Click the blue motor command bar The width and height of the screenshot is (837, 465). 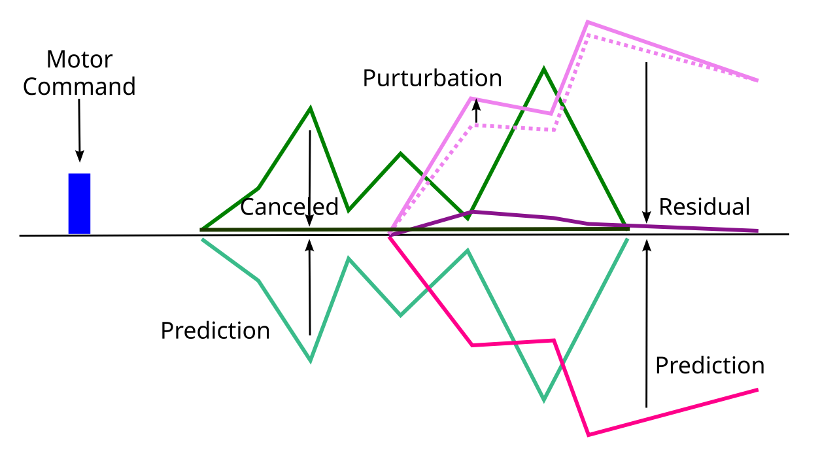coord(79,203)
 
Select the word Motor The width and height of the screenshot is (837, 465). coord(79,59)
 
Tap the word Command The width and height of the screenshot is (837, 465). coord(79,87)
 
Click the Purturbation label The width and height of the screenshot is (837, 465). coord(432,78)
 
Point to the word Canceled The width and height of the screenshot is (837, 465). coord(289,207)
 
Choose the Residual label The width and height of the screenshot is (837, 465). coord(704,207)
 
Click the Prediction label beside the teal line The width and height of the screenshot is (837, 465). coord(215,330)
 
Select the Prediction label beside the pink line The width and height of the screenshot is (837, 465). coord(710,365)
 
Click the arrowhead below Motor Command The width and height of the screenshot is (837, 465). coord(80,156)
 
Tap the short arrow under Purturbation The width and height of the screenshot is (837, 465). coord(476,111)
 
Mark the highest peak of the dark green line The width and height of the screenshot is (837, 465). coord(543,69)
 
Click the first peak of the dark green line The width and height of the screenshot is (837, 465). coord(310,109)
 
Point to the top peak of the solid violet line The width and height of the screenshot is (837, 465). coord(587,23)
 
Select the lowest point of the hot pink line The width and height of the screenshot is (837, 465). coord(589,435)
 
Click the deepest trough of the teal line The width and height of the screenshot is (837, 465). coord(543,400)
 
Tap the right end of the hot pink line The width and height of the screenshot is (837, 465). coord(758,390)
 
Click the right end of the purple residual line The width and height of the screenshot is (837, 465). coord(758,231)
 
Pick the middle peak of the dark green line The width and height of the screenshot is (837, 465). coord(401,153)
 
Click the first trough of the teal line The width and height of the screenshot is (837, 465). coord(311,361)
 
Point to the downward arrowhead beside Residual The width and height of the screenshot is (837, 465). coord(647,218)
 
